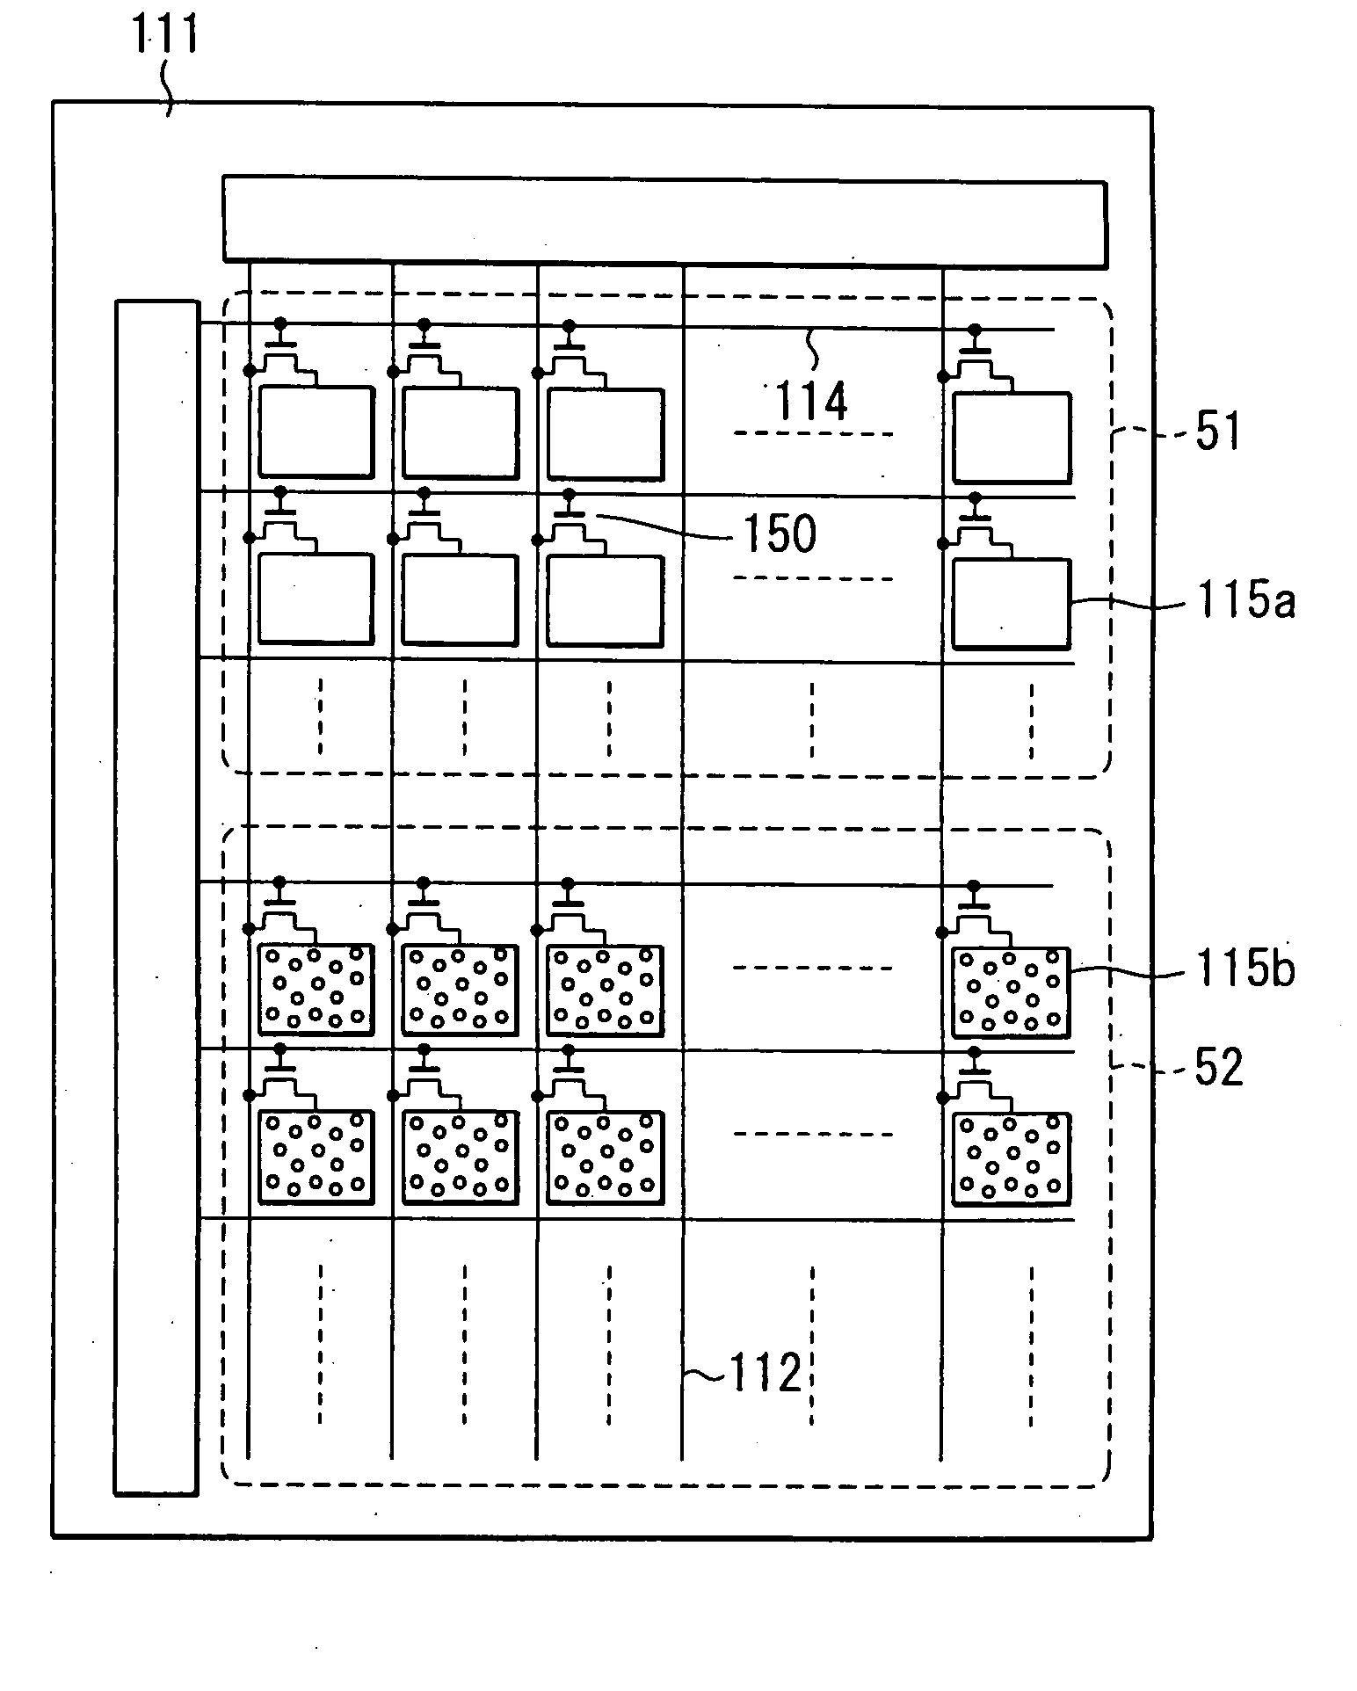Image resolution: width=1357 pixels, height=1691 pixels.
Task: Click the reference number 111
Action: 166,36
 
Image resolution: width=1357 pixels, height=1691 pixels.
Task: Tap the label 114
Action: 810,402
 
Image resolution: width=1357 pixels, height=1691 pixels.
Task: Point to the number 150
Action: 780,533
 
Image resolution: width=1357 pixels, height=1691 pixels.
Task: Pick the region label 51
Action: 1217,432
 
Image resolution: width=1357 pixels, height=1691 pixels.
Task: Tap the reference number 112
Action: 765,1372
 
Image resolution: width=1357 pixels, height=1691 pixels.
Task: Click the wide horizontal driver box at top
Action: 664,221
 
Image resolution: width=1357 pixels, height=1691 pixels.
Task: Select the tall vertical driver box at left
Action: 156,896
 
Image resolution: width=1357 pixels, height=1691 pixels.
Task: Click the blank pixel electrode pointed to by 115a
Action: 1012,604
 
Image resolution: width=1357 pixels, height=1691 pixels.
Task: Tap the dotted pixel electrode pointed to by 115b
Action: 1012,991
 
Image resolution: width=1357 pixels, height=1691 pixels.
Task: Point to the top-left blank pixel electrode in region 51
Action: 316,432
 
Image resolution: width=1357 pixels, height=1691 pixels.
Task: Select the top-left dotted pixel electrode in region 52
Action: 316,988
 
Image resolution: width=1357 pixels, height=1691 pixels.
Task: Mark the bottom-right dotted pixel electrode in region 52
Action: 1012,1157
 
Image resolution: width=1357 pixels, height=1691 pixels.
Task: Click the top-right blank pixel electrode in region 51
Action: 1012,437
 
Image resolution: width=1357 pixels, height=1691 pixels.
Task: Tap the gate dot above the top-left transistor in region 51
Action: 281,323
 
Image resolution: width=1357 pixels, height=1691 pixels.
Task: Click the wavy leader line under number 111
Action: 168,88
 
